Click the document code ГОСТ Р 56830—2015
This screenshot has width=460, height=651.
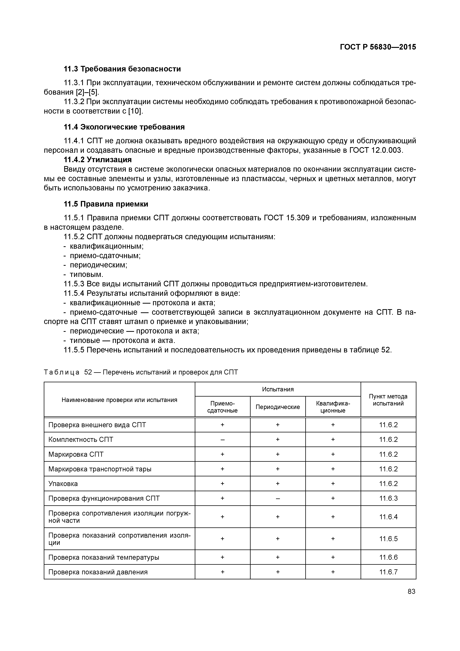coord(378,47)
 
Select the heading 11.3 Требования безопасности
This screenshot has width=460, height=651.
coord(122,69)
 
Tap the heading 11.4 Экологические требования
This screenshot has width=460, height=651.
coord(124,127)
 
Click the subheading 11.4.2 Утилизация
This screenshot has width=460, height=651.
coord(98,160)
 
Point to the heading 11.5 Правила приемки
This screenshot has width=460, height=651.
coord(106,204)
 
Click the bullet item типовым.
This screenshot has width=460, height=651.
coord(86,274)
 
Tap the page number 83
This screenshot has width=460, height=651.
coord(411,591)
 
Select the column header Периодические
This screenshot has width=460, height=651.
coord(277,407)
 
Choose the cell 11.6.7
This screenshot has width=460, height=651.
coord(388,572)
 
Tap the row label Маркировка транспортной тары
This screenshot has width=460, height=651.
coord(100,469)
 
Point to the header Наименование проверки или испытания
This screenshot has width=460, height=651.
coord(119,400)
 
